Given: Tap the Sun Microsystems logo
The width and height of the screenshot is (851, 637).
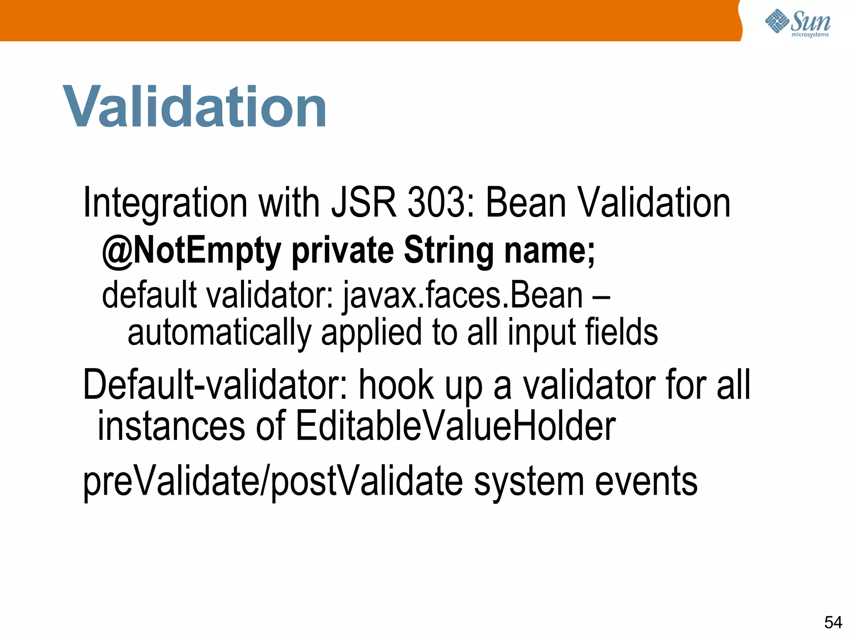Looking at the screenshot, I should (x=798, y=23).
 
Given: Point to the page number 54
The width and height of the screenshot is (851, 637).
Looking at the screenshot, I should (x=833, y=622).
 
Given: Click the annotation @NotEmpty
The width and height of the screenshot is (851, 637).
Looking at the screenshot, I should (x=192, y=250).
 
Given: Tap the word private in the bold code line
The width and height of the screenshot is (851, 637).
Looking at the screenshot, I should (x=342, y=250).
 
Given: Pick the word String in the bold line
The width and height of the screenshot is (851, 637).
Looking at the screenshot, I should (x=449, y=250).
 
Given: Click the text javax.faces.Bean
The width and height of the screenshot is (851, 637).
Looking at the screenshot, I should (x=463, y=295).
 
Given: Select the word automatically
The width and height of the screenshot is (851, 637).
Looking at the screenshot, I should (x=219, y=333).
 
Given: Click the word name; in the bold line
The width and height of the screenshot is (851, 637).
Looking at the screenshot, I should (x=549, y=250).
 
